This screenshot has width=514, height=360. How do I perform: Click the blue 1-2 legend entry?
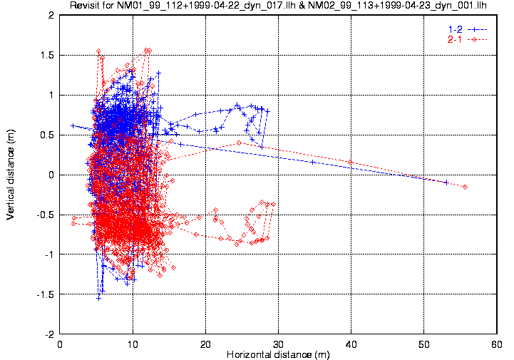click(454, 29)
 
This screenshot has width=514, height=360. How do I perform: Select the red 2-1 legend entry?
click(454, 39)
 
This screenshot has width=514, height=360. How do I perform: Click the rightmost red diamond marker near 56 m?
click(465, 187)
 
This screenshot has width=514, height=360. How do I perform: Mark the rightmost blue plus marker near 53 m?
click(446, 182)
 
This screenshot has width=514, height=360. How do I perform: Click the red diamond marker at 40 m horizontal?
click(350, 162)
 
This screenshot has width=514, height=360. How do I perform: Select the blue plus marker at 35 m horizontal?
click(313, 162)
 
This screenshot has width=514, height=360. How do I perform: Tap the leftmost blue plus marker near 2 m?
click(73, 125)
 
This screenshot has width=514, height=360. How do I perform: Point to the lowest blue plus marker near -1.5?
click(99, 297)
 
